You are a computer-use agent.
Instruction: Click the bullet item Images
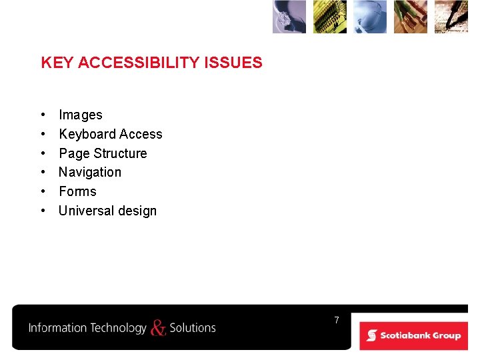(80, 115)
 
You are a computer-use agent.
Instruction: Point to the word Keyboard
(87, 135)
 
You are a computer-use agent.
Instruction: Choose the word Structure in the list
(121, 154)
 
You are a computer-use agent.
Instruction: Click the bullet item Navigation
(90, 173)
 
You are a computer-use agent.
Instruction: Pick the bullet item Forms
(77, 192)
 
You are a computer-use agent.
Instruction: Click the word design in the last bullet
(136, 211)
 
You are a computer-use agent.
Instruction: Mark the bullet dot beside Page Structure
(43, 154)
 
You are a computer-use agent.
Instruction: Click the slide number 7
(337, 321)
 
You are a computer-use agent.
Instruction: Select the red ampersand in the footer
(158, 327)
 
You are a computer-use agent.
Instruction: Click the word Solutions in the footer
(193, 328)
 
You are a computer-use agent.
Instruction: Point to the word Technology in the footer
(118, 328)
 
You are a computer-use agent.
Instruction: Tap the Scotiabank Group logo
(414, 335)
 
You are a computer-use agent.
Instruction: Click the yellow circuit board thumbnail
(330, 17)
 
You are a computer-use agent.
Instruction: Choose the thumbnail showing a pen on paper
(451, 17)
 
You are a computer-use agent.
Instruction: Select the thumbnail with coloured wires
(411, 17)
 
